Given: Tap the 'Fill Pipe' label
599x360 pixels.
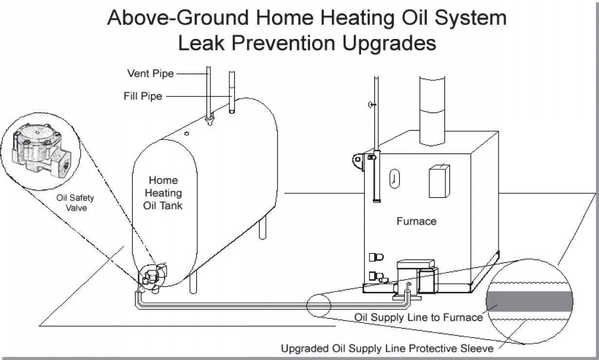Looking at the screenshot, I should coord(143,96).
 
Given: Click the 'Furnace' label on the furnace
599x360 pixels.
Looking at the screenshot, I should coord(416,221).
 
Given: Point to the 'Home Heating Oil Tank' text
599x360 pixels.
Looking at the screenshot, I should coord(163,193).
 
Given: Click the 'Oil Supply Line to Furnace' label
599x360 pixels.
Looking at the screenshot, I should coord(418,318).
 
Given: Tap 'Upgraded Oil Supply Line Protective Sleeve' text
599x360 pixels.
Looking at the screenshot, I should coord(387,348).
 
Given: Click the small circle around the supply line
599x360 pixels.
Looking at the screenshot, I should coord(319,305).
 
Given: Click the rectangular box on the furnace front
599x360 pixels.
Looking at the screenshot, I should coord(439,181).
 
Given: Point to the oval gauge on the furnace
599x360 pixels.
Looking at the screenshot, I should coord(394,179).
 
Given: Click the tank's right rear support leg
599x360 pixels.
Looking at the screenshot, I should coord(263,229).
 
